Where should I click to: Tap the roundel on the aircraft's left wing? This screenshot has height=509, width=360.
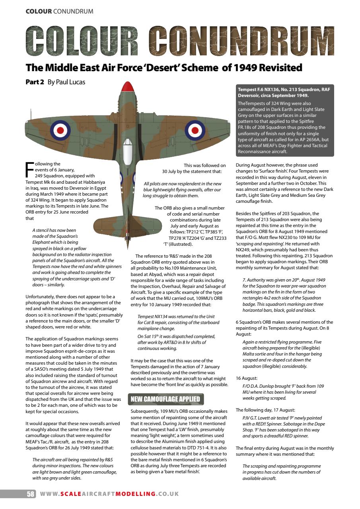(60, 130)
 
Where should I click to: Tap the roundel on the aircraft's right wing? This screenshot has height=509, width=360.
(194, 130)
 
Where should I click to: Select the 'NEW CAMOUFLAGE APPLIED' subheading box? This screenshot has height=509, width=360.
(166, 399)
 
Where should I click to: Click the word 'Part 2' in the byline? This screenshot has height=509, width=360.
(35, 82)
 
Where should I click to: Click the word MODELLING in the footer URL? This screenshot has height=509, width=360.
(135, 494)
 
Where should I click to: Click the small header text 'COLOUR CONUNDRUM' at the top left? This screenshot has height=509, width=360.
(59, 11)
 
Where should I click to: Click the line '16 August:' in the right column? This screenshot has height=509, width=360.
(247, 378)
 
